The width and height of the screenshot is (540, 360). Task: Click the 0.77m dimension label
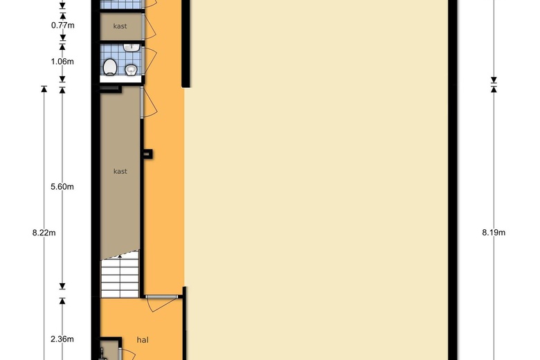(63, 25)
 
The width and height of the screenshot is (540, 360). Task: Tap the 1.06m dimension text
(62, 62)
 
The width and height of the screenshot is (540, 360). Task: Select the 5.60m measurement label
(62, 187)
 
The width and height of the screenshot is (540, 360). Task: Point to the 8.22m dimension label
(44, 233)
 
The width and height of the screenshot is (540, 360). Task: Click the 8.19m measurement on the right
(494, 233)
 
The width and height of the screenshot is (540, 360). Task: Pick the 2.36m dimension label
(62, 339)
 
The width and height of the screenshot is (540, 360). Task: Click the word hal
(143, 340)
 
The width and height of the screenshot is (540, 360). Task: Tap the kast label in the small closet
(120, 26)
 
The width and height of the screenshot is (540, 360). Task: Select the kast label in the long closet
(120, 171)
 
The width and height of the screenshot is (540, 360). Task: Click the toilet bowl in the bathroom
(110, 67)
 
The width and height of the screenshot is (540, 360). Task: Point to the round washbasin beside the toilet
(132, 70)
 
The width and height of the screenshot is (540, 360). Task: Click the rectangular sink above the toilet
(132, 48)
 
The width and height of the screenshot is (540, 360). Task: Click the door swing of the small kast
(150, 26)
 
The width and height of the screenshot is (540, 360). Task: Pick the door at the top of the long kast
(150, 102)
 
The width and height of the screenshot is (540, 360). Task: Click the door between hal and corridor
(162, 303)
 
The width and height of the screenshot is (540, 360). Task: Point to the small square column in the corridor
(147, 154)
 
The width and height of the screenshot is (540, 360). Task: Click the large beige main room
(316, 179)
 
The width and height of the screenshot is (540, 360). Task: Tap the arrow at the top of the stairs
(120, 256)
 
